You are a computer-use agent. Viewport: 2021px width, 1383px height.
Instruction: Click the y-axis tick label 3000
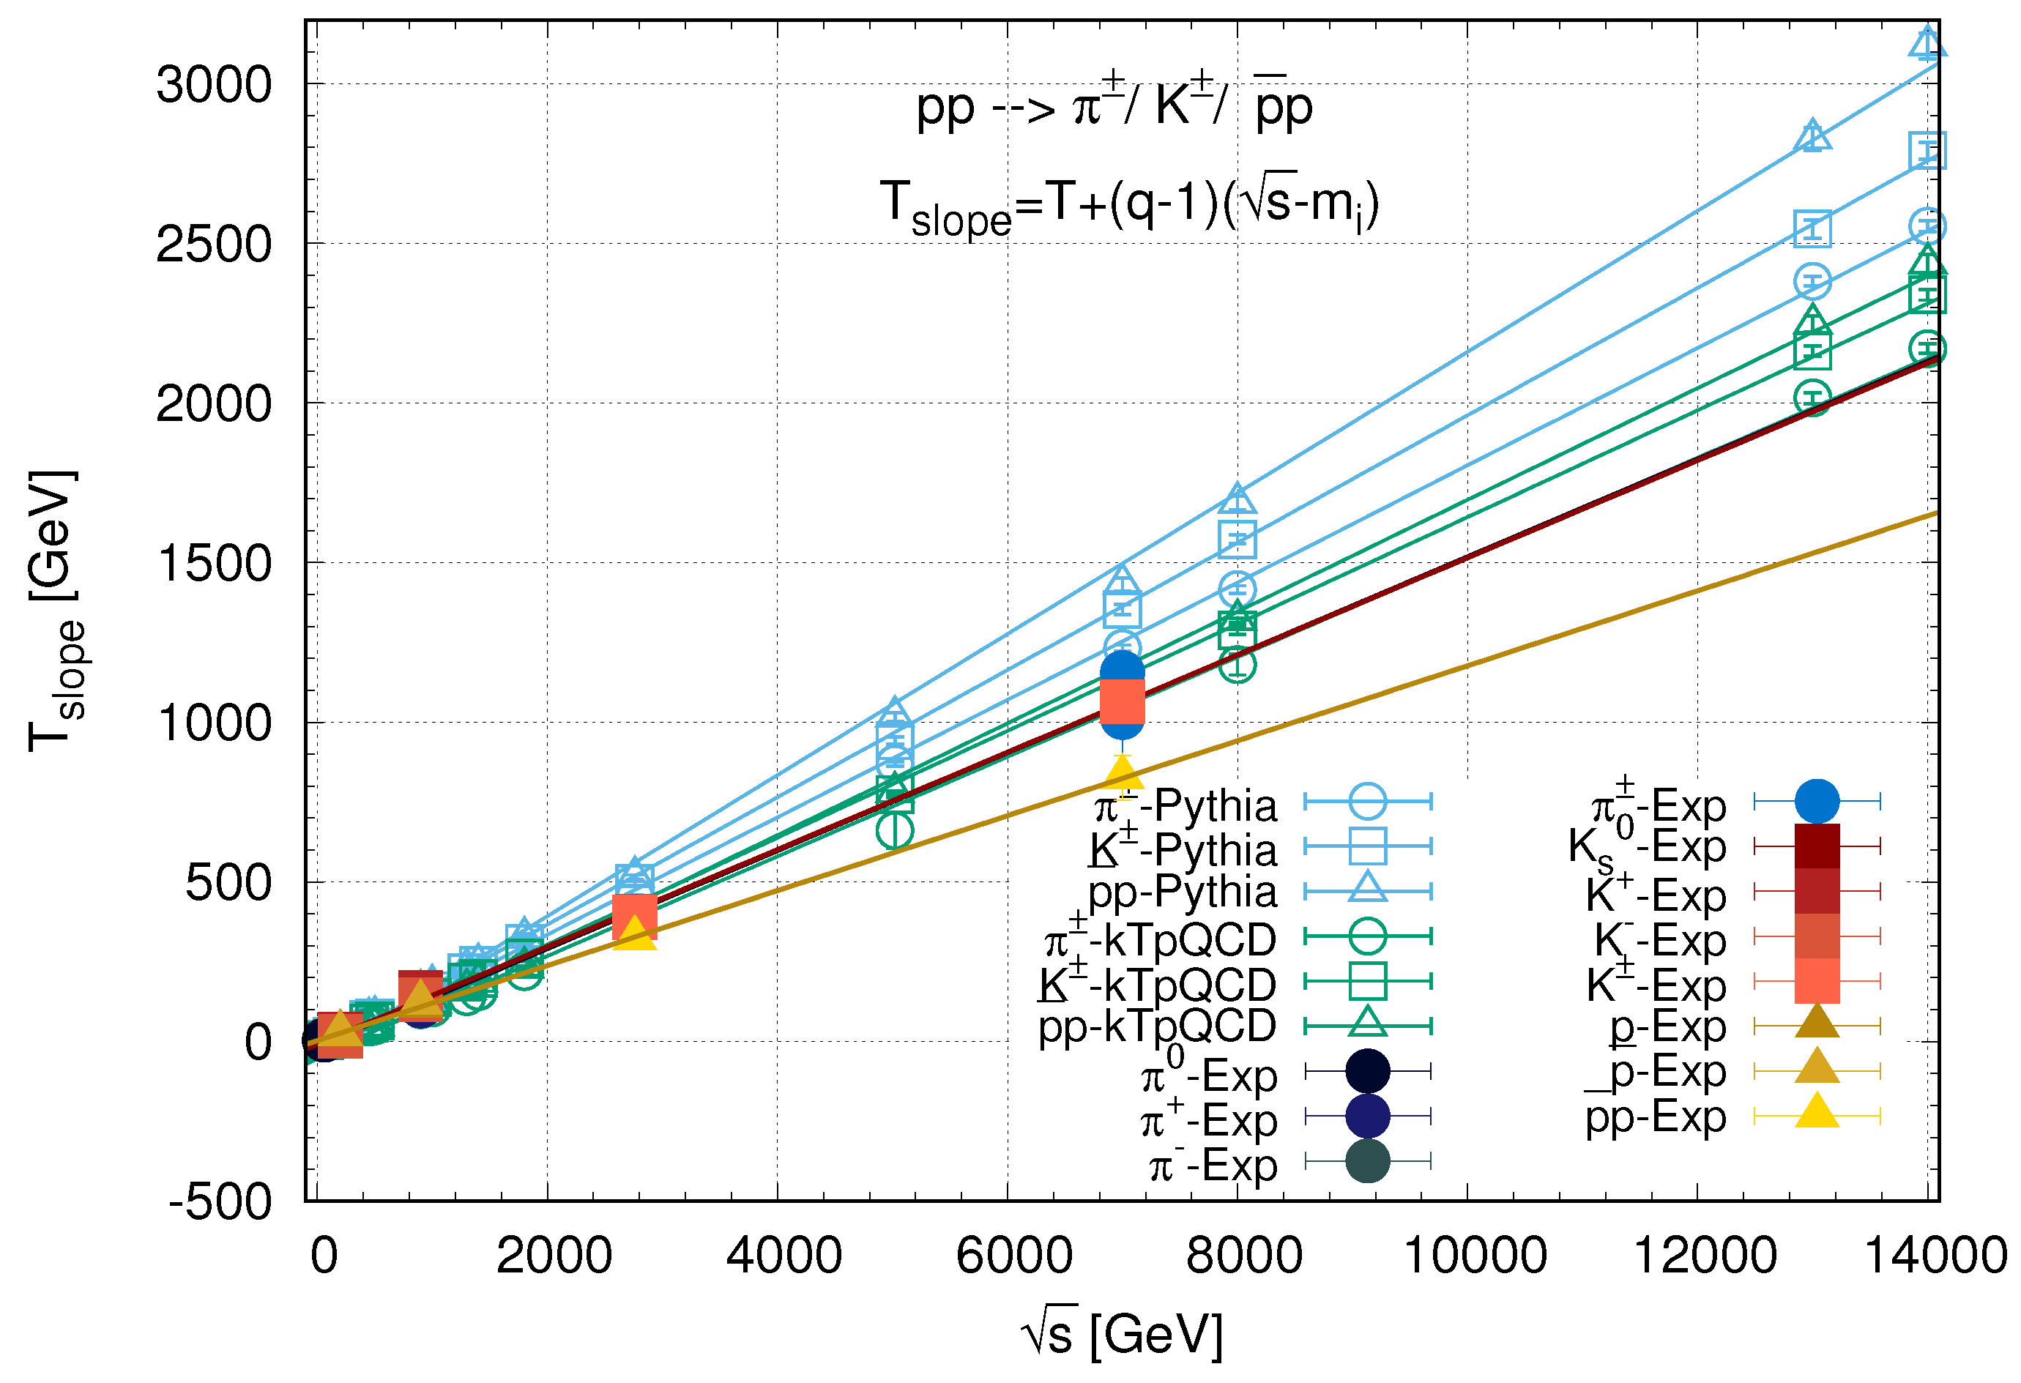pos(214,85)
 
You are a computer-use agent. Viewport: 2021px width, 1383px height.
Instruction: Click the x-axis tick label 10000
pos(1475,1255)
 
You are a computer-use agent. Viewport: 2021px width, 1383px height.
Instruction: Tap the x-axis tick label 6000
pos(1014,1255)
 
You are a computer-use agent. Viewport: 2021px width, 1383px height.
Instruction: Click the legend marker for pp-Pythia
pos(1367,890)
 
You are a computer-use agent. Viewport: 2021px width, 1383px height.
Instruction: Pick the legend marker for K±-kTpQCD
pos(1367,981)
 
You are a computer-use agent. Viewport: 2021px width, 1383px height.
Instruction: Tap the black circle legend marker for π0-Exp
pos(1367,1072)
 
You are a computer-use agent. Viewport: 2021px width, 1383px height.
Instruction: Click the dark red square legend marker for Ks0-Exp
pos(1817,846)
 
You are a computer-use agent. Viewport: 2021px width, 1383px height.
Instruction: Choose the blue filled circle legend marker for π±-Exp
pos(1817,801)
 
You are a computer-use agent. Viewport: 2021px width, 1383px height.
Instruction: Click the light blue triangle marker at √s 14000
pos(1927,43)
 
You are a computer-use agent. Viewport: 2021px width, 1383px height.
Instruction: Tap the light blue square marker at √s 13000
pos(1812,229)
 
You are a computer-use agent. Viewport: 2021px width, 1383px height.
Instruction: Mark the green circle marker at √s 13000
pos(1812,398)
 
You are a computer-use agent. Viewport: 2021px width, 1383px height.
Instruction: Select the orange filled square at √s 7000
pos(1122,701)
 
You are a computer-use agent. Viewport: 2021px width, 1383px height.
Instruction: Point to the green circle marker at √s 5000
pos(895,831)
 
